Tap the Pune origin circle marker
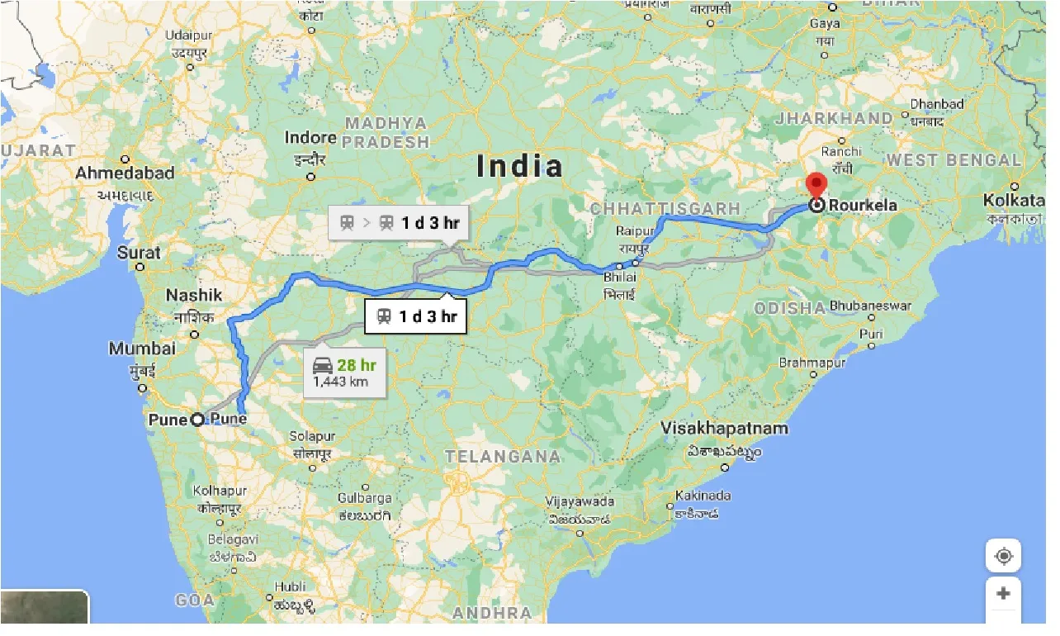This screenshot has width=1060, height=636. [197, 420]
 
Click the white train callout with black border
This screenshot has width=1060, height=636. [415, 316]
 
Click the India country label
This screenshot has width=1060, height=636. [520, 166]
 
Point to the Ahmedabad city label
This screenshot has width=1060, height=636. [125, 173]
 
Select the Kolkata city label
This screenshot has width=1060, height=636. [1013, 200]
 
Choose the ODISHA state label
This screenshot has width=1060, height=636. [790, 308]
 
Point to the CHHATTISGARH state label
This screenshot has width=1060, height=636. [665, 208]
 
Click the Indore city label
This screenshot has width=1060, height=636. [310, 138]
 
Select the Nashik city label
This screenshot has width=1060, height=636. [194, 295]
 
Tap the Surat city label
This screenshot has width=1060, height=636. [139, 253]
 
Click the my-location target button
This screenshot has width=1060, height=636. [1003, 556]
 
